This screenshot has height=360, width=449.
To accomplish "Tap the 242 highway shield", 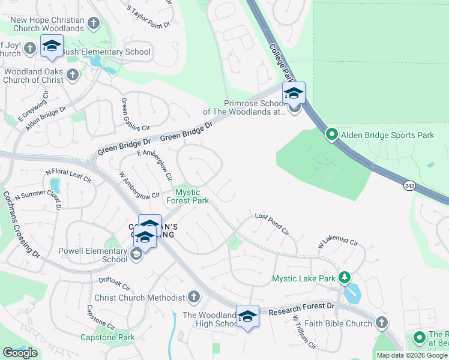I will pos(409,187).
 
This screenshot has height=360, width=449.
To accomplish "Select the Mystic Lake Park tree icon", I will pos(345,277).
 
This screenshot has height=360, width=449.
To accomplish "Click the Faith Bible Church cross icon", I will pos(381,323).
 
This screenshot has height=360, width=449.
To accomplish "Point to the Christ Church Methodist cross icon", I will pos(193,297).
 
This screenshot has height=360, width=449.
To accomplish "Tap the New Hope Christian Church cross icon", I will pos(93,23).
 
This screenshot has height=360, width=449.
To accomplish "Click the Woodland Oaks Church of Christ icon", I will pos(73,75).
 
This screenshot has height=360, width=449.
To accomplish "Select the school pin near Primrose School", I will pos(294,94).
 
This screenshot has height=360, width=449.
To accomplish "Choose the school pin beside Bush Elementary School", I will pos(52,46).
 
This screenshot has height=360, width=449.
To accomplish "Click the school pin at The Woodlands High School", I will pos(247,317).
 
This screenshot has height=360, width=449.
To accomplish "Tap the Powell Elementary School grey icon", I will pos(137,255).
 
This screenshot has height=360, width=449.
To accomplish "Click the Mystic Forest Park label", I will pos(191,196).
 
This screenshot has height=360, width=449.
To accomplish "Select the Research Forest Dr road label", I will pos(301,309).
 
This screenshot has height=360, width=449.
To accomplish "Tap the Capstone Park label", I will pos(107,337).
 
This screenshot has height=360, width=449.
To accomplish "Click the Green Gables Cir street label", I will pos(134,115).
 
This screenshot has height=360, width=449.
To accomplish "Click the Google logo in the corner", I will pos(20,353).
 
